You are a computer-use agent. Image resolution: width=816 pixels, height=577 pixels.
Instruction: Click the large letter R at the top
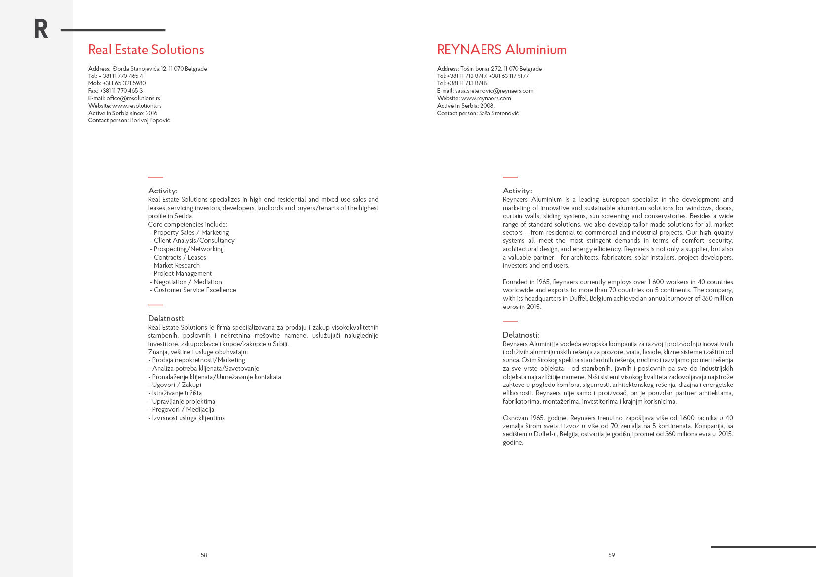pyautogui.click(x=41, y=29)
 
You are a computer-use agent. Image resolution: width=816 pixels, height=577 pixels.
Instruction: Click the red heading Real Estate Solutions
pyautogui.click(x=146, y=50)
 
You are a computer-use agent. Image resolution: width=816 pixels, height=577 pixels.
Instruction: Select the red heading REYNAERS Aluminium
pyautogui.click(x=502, y=50)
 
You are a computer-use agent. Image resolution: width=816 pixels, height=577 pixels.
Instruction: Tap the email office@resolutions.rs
pyautogui.click(x=133, y=98)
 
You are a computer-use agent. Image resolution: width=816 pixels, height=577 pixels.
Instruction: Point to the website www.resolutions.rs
pyautogui.click(x=137, y=106)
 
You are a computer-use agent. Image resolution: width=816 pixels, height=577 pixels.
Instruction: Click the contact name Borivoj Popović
pyautogui.click(x=150, y=120)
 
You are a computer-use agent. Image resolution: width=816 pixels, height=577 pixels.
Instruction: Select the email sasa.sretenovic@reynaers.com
pyautogui.click(x=494, y=91)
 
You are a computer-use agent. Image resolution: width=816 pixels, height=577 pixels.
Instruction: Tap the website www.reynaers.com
pyautogui.click(x=486, y=98)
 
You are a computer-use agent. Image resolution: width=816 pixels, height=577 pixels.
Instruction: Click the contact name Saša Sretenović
pyautogui.click(x=498, y=113)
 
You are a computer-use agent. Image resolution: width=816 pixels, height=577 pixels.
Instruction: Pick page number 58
pyautogui.click(x=204, y=555)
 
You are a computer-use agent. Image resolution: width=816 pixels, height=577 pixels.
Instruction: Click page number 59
pyautogui.click(x=612, y=555)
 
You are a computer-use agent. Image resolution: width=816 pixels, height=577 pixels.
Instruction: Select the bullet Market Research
pyautogui.click(x=177, y=266)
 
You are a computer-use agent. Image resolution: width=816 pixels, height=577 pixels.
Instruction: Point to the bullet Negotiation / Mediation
pyautogui.click(x=187, y=282)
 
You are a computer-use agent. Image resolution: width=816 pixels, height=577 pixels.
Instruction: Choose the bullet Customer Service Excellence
pyautogui.click(x=195, y=290)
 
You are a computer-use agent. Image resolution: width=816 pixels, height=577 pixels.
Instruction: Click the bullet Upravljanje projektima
pyautogui.click(x=184, y=402)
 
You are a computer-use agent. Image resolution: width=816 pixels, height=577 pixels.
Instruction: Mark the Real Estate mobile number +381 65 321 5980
pyautogui.click(x=124, y=83)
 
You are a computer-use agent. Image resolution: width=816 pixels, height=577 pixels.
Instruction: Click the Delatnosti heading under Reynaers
pyautogui.click(x=520, y=335)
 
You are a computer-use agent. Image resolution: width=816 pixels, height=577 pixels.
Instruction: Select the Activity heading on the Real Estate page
pyautogui.click(x=163, y=191)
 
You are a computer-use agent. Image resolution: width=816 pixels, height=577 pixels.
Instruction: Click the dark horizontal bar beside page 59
pyautogui.click(x=763, y=547)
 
